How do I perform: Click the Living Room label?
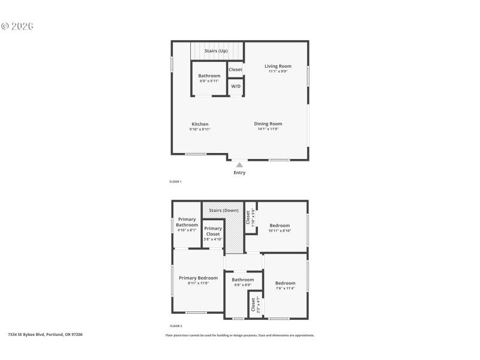coord(278,66)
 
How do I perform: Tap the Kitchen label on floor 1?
coord(200,124)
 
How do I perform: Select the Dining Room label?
coord(268,124)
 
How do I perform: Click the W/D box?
coord(236,86)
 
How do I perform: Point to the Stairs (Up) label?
coord(216,51)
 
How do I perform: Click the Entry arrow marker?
coord(239,164)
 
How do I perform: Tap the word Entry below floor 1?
coord(239,173)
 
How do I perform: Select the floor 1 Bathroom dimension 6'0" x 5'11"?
coord(209,80)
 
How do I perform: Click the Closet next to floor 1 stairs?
coord(236,70)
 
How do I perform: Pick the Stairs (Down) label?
coord(224,211)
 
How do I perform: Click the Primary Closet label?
coord(213,231)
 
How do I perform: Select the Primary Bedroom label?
coord(198,278)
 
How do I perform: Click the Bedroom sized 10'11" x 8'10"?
coord(280,226)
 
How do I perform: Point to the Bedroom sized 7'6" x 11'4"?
coord(285,283)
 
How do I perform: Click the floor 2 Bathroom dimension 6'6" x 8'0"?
coord(243,285)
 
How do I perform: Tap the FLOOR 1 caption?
coord(175,181)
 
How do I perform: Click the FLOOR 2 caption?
coord(175,326)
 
